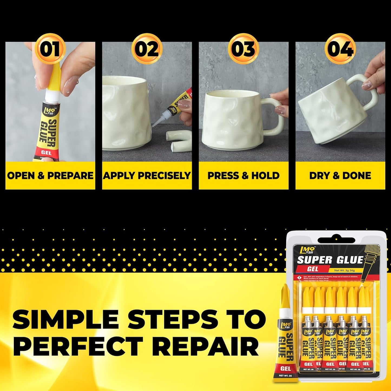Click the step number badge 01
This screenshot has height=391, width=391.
(x=50, y=49)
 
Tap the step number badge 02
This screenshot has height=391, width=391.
(x=147, y=49)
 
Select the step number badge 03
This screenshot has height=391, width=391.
(x=244, y=49)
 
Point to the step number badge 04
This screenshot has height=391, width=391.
(x=340, y=49)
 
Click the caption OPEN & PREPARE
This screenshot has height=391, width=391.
(x=50, y=176)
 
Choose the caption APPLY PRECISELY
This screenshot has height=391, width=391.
(x=147, y=176)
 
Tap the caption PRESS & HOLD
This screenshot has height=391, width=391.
(x=244, y=176)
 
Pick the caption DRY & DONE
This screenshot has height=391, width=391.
(x=340, y=176)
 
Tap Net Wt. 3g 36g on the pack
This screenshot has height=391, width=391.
(x=344, y=270)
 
